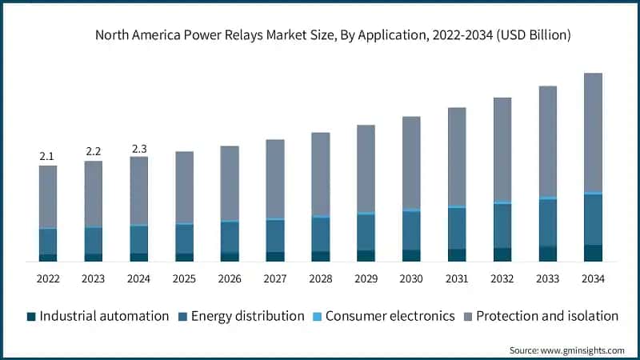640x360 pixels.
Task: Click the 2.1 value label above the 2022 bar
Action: tap(47, 156)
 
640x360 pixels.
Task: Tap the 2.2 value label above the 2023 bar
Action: tap(93, 151)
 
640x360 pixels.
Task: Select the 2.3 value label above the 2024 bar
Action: tap(138, 147)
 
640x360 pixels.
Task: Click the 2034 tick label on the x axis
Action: tap(593, 278)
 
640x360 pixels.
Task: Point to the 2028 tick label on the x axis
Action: tap(320, 278)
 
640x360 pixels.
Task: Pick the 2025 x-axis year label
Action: tap(184, 278)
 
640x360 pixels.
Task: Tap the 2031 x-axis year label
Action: tap(457, 278)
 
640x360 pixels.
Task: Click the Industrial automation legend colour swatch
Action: tap(32, 316)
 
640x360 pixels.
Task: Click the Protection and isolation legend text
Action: tap(547, 316)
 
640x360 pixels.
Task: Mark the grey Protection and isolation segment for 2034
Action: tap(593, 132)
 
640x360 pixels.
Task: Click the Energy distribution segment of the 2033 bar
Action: tap(547, 222)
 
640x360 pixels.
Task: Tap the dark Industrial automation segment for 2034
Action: tap(593, 253)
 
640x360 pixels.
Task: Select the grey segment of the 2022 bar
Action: tap(48, 197)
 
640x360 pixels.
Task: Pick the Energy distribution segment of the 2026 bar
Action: tap(230, 237)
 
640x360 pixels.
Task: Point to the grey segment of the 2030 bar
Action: tap(411, 162)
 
